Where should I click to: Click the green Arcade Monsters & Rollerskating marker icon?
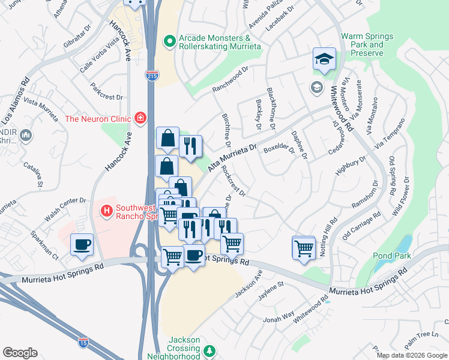tap(170, 41)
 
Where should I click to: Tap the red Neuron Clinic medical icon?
tap(140, 118)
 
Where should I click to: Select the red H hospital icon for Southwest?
tap(107, 211)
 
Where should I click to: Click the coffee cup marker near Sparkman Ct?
tap(81, 245)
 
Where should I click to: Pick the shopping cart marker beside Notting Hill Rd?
tap(304, 247)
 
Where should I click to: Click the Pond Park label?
tap(391, 256)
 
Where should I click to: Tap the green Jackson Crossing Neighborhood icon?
tap(209, 350)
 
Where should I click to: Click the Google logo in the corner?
tap(20, 353)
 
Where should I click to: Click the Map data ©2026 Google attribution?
tap(412, 355)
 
